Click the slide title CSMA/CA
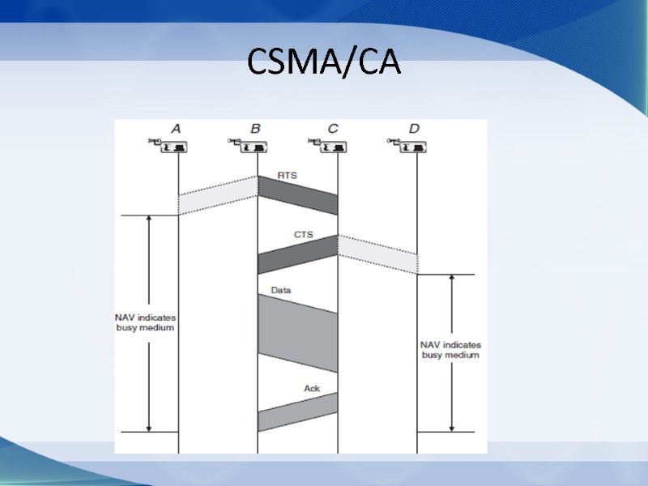click(324, 62)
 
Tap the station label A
click(176, 128)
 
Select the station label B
click(255, 128)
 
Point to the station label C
click(334, 128)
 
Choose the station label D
click(414, 128)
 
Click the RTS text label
click(288, 175)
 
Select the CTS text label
click(303, 235)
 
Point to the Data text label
click(281, 289)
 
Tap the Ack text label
click(312, 388)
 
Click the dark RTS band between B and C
click(298, 195)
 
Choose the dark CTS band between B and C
click(298, 254)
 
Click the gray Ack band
click(298, 411)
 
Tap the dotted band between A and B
click(218, 195)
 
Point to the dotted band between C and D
click(377, 254)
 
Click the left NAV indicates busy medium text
click(145, 322)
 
